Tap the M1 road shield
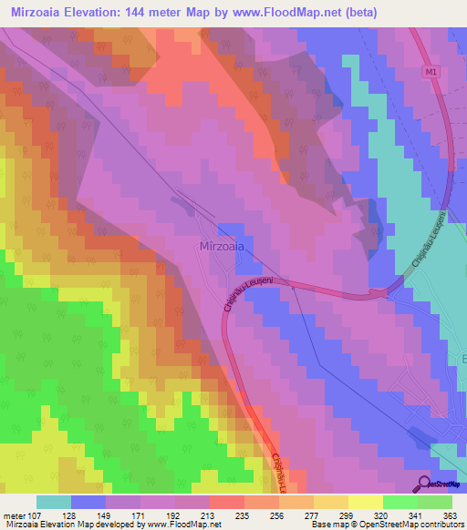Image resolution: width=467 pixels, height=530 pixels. (x=431, y=70)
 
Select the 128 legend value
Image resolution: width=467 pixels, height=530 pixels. (x=70, y=515)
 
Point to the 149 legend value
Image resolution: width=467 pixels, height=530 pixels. (x=105, y=515)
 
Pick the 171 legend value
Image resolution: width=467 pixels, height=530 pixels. (x=140, y=515)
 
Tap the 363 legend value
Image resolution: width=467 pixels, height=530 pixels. (x=450, y=515)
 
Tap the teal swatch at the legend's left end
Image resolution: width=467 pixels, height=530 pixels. (x=54, y=502)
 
